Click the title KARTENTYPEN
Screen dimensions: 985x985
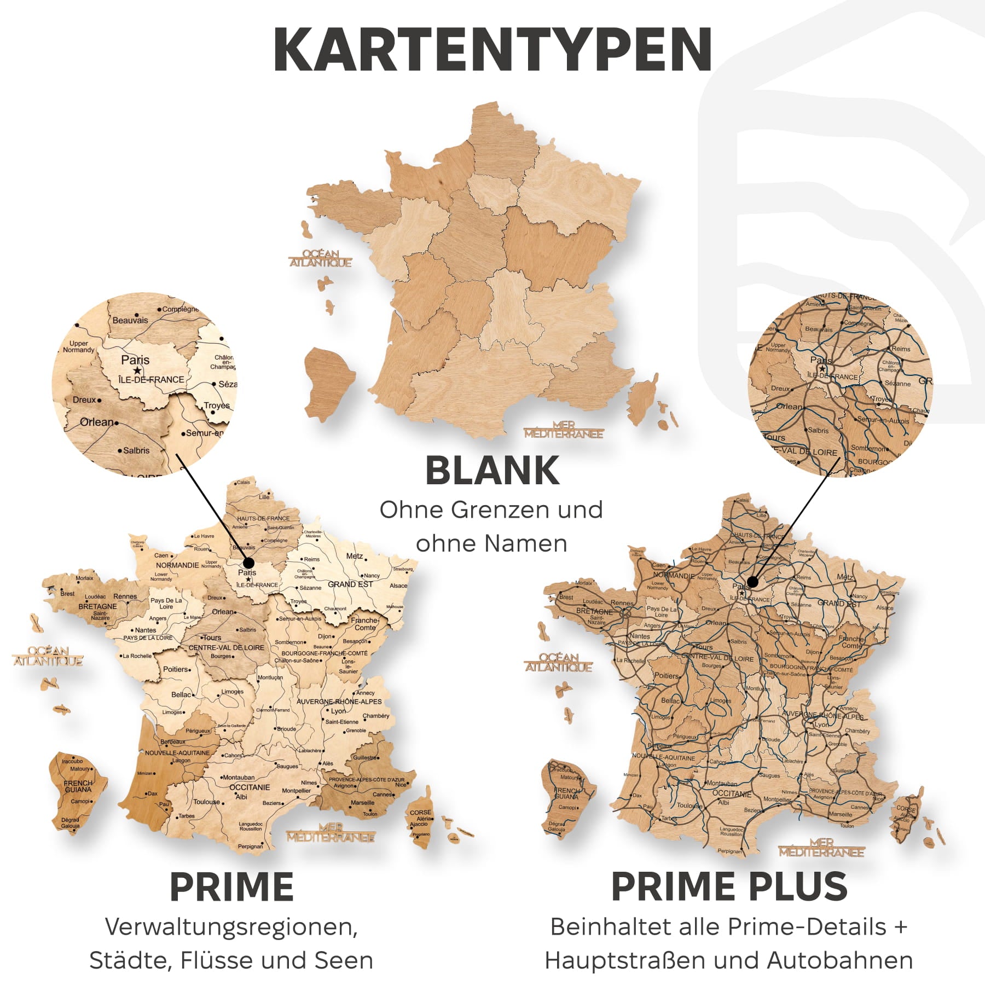(x=493, y=49)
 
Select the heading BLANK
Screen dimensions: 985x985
(x=493, y=471)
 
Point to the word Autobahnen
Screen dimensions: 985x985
(x=839, y=961)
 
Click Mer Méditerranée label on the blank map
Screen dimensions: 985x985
(x=564, y=430)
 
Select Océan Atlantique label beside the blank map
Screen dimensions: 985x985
(x=321, y=258)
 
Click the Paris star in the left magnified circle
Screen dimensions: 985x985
(x=137, y=370)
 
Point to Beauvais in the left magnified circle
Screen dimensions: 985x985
(x=130, y=320)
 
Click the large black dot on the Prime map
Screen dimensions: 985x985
(x=248, y=563)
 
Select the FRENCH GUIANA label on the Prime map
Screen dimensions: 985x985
(x=78, y=786)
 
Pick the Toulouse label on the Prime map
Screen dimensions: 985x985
(x=207, y=802)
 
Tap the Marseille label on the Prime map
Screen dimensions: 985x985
(x=363, y=803)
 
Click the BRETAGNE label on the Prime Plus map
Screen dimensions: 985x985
(x=594, y=611)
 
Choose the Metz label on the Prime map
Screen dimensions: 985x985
(x=354, y=556)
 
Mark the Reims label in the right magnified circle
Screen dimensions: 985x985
(x=901, y=349)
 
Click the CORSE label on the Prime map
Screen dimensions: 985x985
(x=420, y=813)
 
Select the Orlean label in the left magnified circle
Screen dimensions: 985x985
(x=97, y=422)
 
